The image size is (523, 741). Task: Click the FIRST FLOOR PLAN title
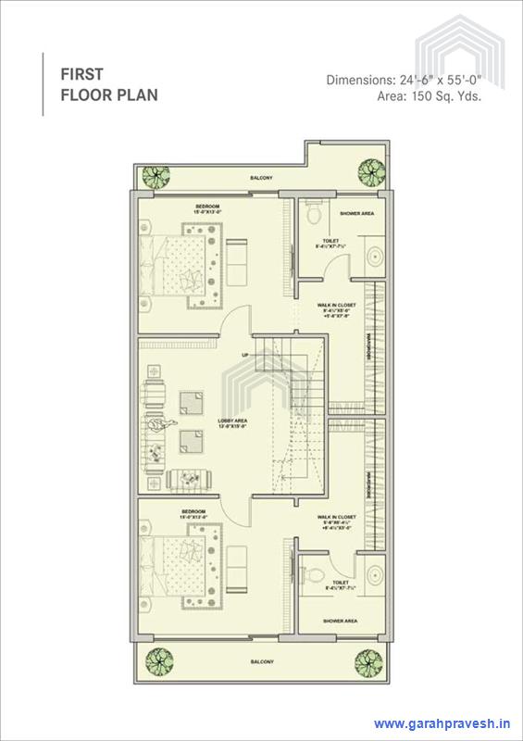pos(109,82)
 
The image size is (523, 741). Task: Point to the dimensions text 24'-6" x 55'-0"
pos(404,80)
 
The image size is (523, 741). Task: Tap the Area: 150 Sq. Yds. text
pos(430,95)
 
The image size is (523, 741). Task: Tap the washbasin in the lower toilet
pos(376,571)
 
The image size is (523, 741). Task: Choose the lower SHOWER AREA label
pos(339,620)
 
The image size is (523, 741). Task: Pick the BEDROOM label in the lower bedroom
pos(193,511)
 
